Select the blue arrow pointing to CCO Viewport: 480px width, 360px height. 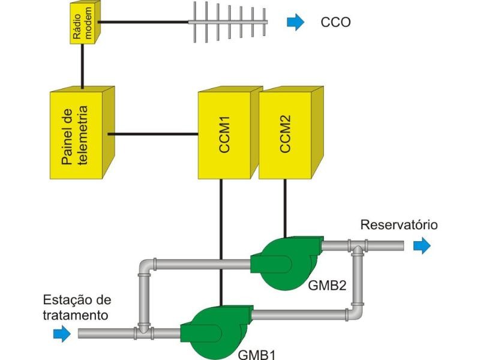pos(295,23)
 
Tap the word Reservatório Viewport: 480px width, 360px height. pos(399,225)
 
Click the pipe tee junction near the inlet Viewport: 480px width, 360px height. pos(143,329)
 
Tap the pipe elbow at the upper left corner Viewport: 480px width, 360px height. pos(146,265)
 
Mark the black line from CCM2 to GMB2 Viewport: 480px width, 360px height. pos(284,207)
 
